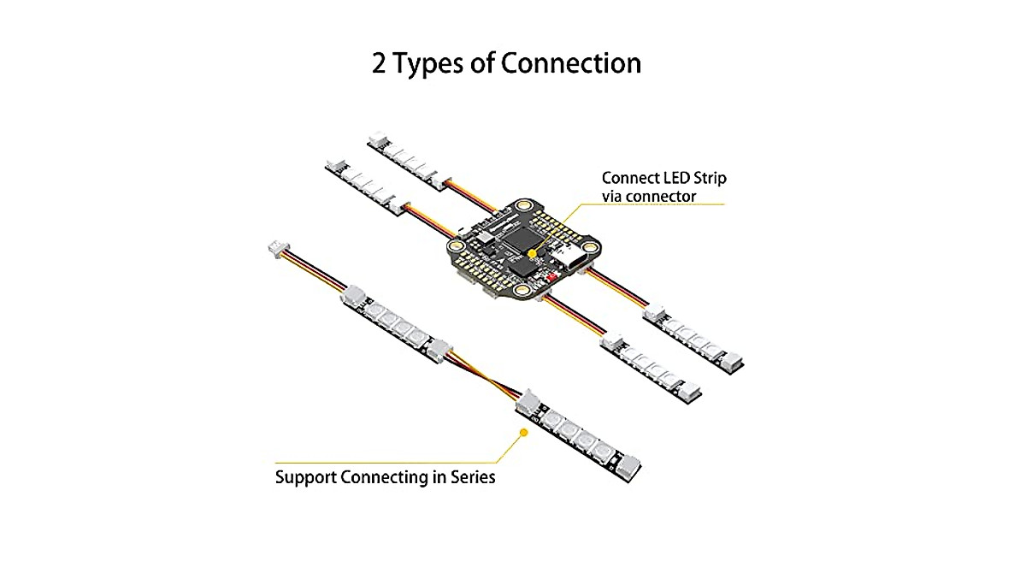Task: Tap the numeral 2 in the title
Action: click(380, 63)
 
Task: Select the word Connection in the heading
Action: click(570, 63)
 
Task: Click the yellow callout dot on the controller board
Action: click(533, 253)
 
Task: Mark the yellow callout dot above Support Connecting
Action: click(523, 433)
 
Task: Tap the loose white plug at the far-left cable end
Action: click(275, 250)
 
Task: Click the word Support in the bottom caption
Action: click(305, 477)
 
